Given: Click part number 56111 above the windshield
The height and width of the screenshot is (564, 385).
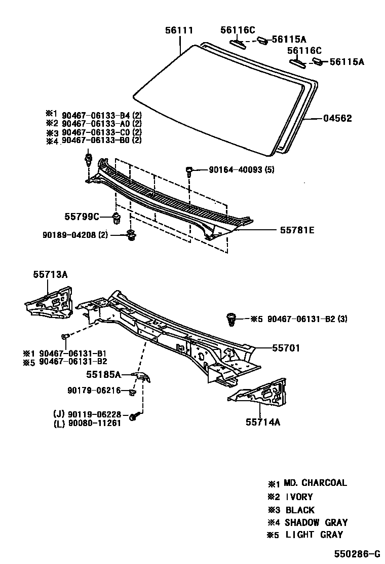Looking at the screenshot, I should click(x=179, y=30).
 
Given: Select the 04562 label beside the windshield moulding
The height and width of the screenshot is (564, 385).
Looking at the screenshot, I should click(x=337, y=119).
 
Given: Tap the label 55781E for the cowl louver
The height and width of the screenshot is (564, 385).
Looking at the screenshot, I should click(x=297, y=230).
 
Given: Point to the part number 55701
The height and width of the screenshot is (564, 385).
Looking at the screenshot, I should click(x=286, y=348).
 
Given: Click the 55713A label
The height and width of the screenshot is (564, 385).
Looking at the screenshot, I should click(x=50, y=274).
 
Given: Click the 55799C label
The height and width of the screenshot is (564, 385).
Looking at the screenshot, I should click(x=81, y=217).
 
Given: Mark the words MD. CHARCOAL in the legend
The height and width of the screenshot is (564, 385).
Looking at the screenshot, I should click(x=315, y=483).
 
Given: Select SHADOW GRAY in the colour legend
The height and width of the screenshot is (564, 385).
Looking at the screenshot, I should click(x=316, y=522).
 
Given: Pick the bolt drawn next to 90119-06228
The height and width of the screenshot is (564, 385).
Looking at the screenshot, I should click(x=134, y=416).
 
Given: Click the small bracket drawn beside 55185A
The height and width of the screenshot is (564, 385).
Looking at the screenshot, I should click(x=142, y=376).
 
